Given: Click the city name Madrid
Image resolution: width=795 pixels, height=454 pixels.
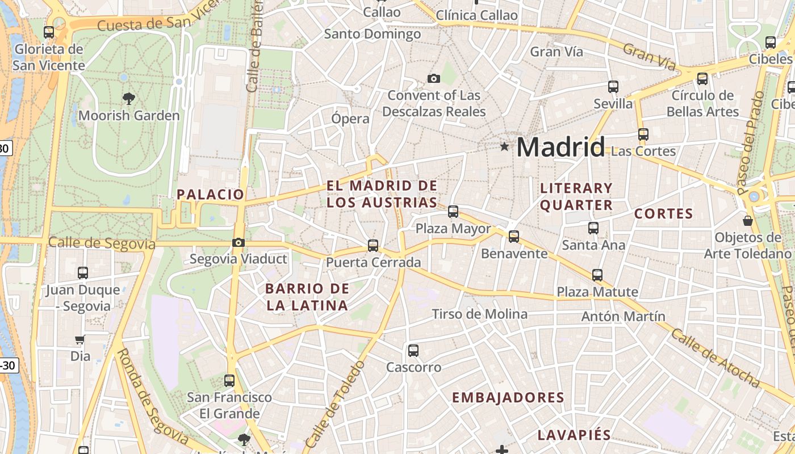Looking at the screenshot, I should [560, 147].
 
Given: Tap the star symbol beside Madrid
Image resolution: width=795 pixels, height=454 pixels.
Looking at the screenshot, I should [504, 147].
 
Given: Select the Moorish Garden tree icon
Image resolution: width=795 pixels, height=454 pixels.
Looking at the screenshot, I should [129, 99].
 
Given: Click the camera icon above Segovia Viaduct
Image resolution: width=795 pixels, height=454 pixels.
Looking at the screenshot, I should [238, 243].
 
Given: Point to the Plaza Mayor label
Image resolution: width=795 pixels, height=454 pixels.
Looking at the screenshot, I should [453, 229].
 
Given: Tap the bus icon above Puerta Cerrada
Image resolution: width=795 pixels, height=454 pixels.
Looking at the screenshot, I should [373, 245].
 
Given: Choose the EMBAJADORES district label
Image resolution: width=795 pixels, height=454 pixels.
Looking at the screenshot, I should [508, 398].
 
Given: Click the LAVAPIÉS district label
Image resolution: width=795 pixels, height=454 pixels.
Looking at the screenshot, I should [574, 436].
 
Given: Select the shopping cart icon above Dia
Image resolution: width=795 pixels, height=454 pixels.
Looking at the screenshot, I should [80, 339].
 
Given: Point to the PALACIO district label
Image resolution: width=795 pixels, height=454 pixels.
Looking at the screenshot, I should [210, 195].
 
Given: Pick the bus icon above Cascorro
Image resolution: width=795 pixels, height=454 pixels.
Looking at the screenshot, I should [413, 350].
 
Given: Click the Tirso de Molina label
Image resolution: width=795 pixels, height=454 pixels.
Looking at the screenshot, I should [479, 314].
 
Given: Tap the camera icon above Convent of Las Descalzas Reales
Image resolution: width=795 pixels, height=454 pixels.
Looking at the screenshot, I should [434, 78].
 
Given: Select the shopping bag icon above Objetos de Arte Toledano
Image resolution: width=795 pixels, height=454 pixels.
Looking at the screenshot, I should [748, 220].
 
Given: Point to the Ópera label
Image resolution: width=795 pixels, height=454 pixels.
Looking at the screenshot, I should [350, 119].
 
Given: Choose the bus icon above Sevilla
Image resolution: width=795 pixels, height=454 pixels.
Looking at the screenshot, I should [613, 87].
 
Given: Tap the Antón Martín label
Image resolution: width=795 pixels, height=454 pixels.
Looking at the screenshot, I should [623, 316].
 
